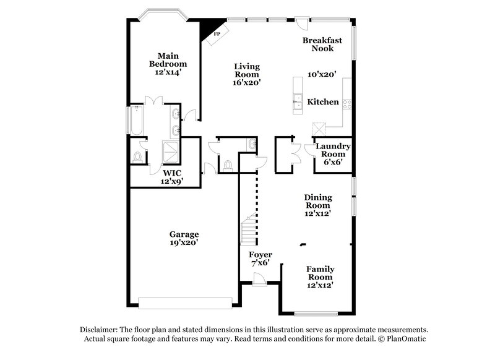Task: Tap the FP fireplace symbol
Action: pos(217,34)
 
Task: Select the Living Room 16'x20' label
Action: pos(246,74)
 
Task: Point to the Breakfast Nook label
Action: pos(322,45)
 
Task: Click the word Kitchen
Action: pos(323,101)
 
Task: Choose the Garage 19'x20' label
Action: pos(184,239)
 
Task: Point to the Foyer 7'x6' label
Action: pos(260,259)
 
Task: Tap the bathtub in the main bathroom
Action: pos(136,121)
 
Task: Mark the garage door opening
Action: pos(186,302)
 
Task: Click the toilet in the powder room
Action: pos(228,166)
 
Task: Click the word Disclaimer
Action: pos(99,330)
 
